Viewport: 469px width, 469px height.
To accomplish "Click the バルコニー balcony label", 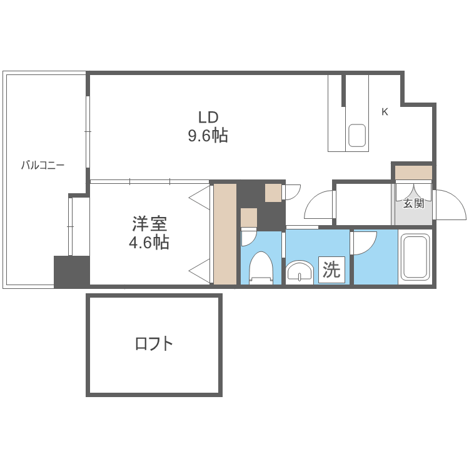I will [43, 165].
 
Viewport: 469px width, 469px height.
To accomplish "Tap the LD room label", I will [208, 117].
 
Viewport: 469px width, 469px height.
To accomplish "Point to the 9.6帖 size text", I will [208, 136].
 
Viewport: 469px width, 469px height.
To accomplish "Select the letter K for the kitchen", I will [385, 112].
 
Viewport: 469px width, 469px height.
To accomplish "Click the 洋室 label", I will [149, 223].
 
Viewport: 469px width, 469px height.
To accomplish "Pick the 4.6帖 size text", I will [149, 243].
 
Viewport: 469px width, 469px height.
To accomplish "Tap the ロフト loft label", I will [154, 343].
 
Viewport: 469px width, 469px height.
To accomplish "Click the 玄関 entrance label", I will [413, 203].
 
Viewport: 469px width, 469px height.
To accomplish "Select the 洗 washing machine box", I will [331, 270].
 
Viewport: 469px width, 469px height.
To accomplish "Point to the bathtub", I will [414, 257].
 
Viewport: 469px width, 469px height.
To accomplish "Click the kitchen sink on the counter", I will [356, 136].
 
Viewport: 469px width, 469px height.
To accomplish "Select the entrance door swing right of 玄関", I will [450, 204].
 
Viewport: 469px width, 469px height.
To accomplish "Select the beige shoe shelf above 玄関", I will [413, 172].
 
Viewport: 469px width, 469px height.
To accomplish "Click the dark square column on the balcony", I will [71, 271].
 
